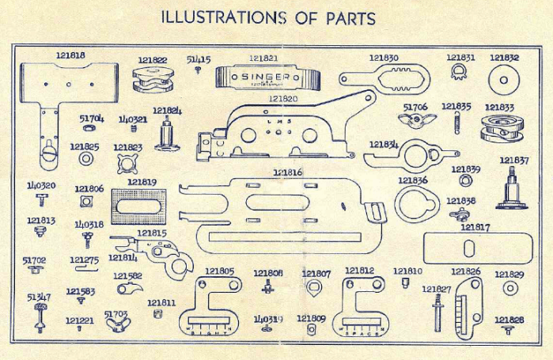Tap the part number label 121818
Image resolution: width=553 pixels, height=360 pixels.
pos(71,55)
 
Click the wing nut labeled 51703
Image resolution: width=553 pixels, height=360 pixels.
pos(117,323)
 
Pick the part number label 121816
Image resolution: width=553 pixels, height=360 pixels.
pos(287,172)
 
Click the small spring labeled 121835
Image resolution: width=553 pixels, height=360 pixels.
pos(456,123)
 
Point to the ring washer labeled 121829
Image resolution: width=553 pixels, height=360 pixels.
pos(510,289)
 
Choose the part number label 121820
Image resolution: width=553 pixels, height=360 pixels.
pos(282,99)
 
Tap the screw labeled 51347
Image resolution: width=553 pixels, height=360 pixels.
pos(37,316)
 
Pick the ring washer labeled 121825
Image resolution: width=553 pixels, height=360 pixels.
pos(84,159)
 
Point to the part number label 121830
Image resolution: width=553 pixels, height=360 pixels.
pos(384,58)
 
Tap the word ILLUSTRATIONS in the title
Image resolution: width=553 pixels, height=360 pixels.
pos(223,16)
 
